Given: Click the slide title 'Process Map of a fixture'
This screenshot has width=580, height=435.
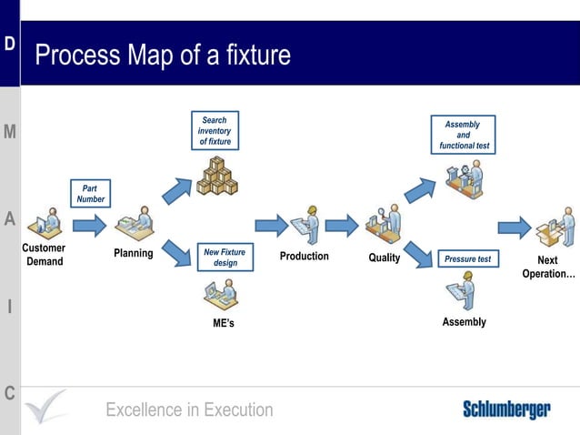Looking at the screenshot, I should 163,56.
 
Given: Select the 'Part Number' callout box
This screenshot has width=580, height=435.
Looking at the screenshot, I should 90,194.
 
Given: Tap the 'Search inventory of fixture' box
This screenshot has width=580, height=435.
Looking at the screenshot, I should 215,131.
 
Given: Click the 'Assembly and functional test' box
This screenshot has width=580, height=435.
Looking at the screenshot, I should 463,135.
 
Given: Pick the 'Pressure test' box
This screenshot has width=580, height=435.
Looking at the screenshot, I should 467,259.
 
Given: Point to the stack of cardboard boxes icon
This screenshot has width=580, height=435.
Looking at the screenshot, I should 217,176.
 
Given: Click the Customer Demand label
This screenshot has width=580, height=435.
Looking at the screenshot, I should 44,255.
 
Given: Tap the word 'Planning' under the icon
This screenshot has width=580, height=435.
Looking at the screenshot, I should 133,253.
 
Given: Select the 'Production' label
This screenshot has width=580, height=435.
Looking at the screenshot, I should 304,257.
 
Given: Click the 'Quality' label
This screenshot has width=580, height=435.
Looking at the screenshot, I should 384,258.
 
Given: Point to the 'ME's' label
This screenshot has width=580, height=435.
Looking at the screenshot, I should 224,324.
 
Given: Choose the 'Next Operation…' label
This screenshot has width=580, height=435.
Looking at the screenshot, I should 548,267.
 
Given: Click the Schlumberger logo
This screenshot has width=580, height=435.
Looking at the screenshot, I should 505,410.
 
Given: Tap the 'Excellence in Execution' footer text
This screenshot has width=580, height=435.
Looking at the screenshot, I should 189,410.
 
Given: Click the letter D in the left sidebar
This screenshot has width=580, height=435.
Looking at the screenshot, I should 9,44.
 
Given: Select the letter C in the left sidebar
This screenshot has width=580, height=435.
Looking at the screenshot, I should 9,393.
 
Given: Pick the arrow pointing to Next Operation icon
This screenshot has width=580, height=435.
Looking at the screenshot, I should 514,227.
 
